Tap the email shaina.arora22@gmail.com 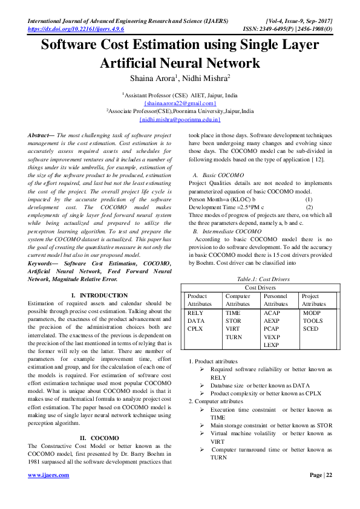pos(180,103)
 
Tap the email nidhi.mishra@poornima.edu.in pos(180,120)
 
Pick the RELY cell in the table pos(195,313)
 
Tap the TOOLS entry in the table pos(313,321)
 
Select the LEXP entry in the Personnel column pos(272,345)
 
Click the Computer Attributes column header pos(238,300)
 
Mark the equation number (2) pos(309,207)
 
